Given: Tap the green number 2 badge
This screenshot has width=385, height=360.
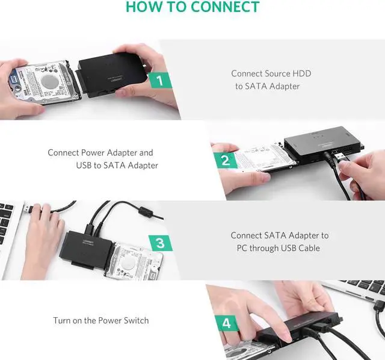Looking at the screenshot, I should coord(226,160).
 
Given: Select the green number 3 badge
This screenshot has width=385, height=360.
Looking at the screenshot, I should coord(160,243).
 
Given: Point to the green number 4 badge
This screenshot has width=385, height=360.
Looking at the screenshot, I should coord(226,323).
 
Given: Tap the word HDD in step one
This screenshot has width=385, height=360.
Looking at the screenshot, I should coord(301,73).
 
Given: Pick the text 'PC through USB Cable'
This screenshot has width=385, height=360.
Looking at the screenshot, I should coord(280,248).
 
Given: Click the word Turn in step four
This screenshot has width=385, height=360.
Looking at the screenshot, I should coord(62,321).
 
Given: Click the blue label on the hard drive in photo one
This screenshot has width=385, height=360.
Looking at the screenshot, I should coord(14,80).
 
